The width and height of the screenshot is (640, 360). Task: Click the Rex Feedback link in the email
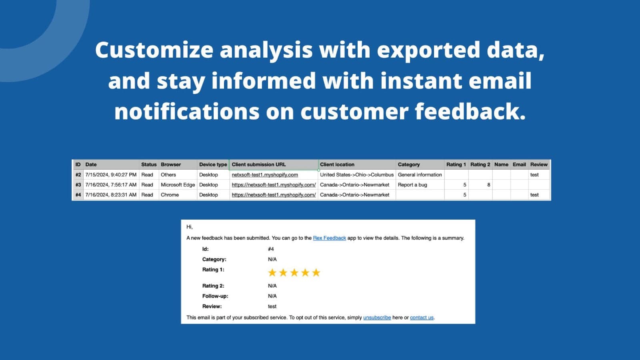point(330,238)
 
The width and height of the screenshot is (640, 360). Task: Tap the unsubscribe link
point(377,318)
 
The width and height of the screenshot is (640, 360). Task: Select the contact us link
point(422,318)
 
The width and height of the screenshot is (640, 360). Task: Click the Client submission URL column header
point(258,164)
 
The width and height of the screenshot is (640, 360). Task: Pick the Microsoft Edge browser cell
point(178,185)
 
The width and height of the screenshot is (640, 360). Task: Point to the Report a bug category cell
point(412,185)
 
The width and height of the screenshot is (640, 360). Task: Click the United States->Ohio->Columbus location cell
point(356,174)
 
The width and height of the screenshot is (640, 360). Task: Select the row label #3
point(78,185)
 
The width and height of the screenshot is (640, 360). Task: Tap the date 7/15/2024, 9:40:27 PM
point(111,174)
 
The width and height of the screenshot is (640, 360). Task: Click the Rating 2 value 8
point(488,185)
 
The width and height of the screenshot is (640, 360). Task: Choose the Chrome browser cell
point(170,195)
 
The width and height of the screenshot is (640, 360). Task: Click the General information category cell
point(420,174)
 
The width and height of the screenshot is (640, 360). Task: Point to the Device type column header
point(213,164)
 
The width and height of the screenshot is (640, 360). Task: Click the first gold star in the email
point(272,272)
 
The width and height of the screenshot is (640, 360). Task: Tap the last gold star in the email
point(316,272)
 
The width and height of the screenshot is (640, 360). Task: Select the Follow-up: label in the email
point(215,296)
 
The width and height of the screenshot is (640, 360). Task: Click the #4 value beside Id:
point(271,249)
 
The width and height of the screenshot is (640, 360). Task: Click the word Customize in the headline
point(154,50)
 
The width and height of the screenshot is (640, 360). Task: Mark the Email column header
point(519,164)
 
